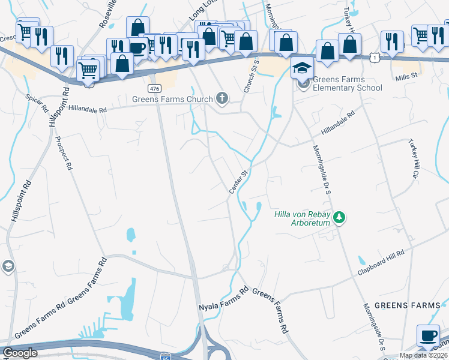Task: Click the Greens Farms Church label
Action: pyautogui.click(x=173, y=99)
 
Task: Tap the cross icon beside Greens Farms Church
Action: pyautogui.click(x=222, y=98)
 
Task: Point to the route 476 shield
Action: pyautogui.click(x=155, y=88)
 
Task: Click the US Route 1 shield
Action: pyautogui.click(x=374, y=56)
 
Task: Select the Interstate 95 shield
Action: pyautogui.click(x=166, y=356)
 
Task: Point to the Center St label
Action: pyautogui.click(x=238, y=182)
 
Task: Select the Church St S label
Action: pyautogui.click(x=252, y=76)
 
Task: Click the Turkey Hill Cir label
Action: pyautogui.click(x=413, y=158)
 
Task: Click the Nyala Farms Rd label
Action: pyautogui.click(x=223, y=298)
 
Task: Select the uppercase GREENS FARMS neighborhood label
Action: pyautogui.click(x=407, y=305)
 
